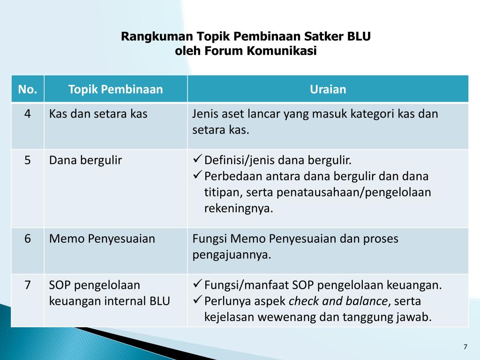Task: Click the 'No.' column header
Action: [x=28, y=89]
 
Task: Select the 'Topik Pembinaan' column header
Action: [x=115, y=89]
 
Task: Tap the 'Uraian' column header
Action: [x=328, y=89]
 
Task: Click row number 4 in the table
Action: [x=28, y=114]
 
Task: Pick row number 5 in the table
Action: [x=28, y=160]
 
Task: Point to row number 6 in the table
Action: [x=28, y=239]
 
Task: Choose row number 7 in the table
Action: [x=28, y=285]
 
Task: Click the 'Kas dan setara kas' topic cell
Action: [x=98, y=114]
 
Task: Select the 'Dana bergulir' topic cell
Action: [x=85, y=160]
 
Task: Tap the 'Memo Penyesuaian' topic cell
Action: [x=102, y=239]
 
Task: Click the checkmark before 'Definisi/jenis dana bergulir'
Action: [x=197, y=160]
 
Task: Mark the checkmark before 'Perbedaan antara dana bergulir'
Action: [x=197, y=176]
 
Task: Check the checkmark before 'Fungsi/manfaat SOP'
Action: [x=197, y=285]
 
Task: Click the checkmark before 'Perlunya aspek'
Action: [x=197, y=300]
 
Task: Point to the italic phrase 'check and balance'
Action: [x=338, y=301]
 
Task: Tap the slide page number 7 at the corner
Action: [x=465, y=347]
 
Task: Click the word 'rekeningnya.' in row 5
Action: [x=238, y=209]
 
